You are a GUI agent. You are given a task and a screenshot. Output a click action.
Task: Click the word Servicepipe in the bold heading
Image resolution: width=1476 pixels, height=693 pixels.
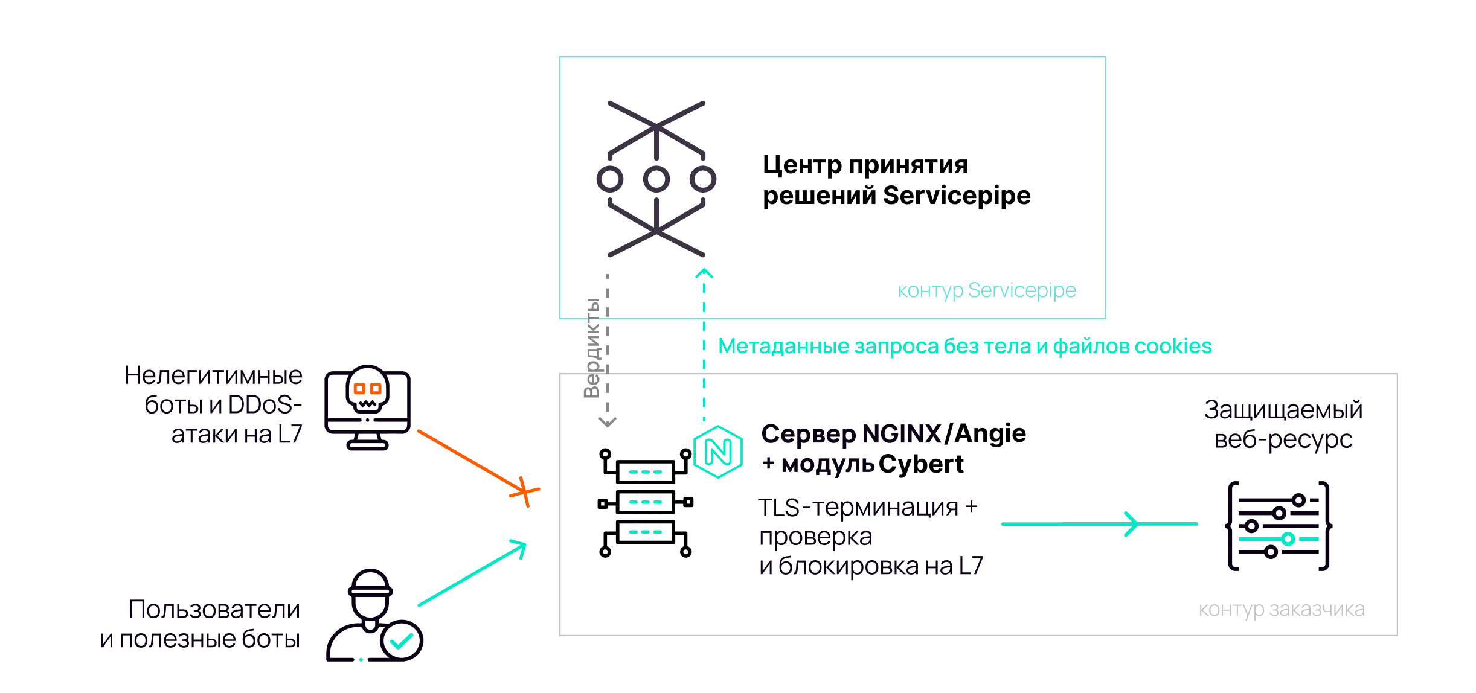coord(957,196)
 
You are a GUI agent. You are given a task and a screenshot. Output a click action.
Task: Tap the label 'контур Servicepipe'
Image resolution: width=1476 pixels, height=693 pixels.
coord(987,290)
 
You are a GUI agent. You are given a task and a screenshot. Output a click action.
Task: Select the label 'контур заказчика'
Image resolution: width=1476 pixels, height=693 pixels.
coord(1282,609)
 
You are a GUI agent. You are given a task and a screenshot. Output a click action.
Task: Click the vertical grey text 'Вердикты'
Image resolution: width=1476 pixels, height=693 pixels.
coord(592,348)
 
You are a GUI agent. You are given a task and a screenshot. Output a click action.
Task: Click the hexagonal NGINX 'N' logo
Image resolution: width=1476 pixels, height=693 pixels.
coord(718,452)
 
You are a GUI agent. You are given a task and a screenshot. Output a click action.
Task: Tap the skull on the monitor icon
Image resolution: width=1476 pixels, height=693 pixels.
coord(367,388)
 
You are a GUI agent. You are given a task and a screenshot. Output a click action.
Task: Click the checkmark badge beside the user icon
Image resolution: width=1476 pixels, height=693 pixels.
coord(402,640)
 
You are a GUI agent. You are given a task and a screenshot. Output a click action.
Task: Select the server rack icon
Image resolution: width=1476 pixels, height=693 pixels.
coord(645,502)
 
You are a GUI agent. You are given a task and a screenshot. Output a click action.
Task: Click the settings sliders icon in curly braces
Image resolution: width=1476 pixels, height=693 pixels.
coord(1279,526)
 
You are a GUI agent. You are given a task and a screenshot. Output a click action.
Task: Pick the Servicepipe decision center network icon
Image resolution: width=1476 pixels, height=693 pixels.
coord(656,179)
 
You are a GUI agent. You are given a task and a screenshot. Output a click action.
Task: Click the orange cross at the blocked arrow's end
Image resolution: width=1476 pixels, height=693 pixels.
coord(524,491)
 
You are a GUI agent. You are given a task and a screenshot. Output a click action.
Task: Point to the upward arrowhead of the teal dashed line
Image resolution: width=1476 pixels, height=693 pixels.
coord(704,273)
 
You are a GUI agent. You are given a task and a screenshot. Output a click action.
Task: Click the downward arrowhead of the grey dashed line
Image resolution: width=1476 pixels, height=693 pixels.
coord(608,422)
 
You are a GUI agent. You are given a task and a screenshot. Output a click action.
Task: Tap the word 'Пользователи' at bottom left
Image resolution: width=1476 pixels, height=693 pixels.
coord(214,609)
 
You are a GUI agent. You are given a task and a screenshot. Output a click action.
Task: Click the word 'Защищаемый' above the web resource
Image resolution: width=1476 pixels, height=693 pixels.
coord(1283,409)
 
